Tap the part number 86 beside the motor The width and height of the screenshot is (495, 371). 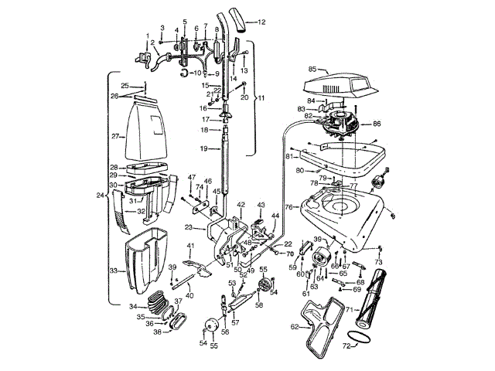click(377, 123)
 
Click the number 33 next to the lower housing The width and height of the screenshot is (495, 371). click(113, 271)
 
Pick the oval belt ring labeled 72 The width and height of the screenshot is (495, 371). click(357, 338)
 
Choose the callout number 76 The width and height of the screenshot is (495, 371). click(289, 207)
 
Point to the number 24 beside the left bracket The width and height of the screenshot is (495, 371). click(100, 195)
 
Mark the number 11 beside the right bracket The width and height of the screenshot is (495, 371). click(260, 98)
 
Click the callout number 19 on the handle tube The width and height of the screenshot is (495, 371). click(204, 148)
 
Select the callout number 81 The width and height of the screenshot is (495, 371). click(288, 156)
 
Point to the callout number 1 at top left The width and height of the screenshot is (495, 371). click(147, 36)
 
